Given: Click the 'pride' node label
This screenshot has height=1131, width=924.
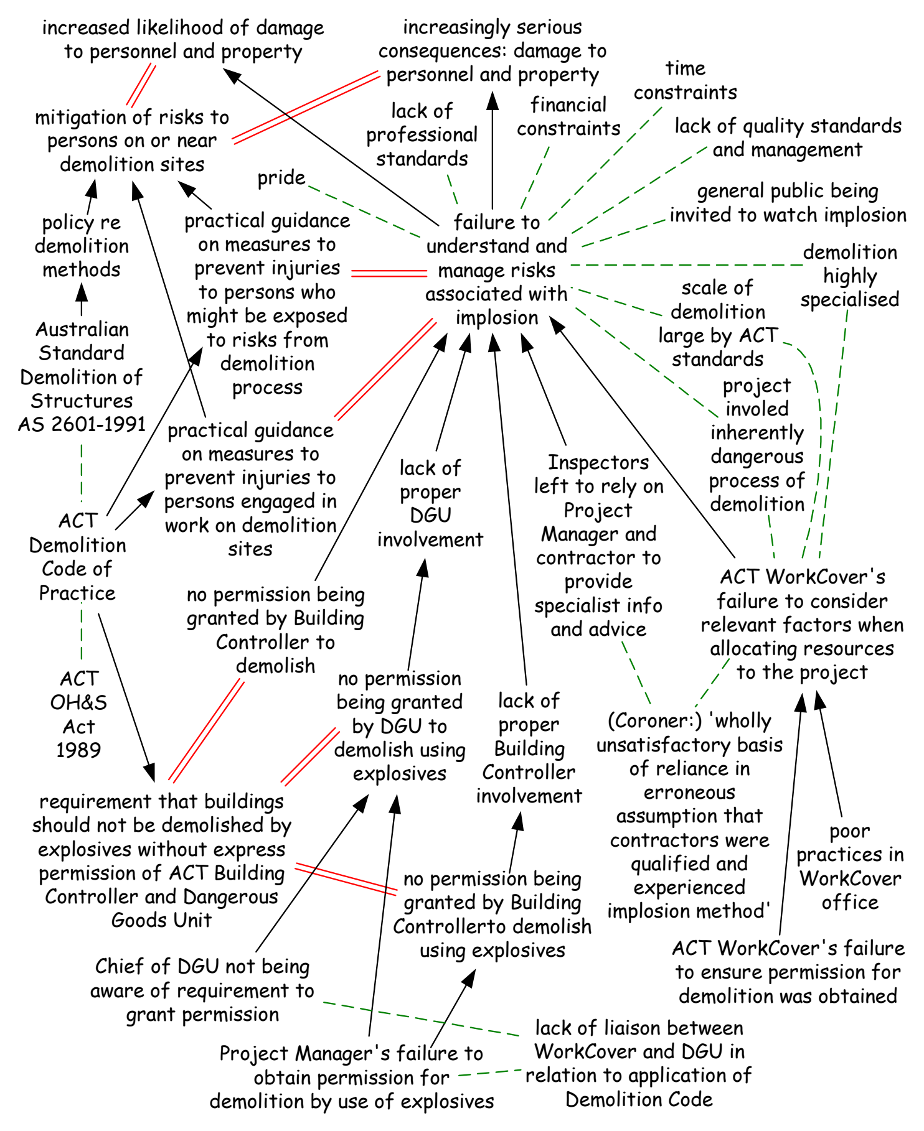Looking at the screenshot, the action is point(281,179).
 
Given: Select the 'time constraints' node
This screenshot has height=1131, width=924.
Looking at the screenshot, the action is point(686,80).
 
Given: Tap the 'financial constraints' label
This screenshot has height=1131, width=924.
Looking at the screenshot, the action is point(568,116).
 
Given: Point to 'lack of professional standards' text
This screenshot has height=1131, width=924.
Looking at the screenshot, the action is point(422,135).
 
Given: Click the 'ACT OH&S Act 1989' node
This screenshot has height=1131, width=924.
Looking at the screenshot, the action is point(78,714).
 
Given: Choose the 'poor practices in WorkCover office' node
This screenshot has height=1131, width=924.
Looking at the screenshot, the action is point(850,867).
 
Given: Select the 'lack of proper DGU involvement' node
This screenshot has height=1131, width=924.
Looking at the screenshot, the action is point(430,503).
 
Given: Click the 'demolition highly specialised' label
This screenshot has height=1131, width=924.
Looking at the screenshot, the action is point(850,276).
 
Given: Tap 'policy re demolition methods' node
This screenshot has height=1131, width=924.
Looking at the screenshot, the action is point(82,246).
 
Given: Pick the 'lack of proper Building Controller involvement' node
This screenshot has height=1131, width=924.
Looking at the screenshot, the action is point(529,748).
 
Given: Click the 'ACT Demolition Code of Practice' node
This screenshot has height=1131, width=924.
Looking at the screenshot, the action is point(77,557).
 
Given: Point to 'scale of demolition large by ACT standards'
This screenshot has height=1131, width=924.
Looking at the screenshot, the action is point(718,323).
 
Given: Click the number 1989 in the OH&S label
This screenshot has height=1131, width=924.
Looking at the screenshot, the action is point(78,750).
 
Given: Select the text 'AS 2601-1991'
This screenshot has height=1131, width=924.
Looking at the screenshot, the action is point(82,424).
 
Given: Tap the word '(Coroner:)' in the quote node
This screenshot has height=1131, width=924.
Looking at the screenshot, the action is point(654,721).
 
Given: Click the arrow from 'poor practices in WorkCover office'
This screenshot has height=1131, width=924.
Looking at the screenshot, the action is point(829,754).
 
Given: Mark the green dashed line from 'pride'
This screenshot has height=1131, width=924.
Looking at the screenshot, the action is point(365,212).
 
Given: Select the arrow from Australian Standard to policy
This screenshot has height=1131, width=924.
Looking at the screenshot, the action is point(81,299).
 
